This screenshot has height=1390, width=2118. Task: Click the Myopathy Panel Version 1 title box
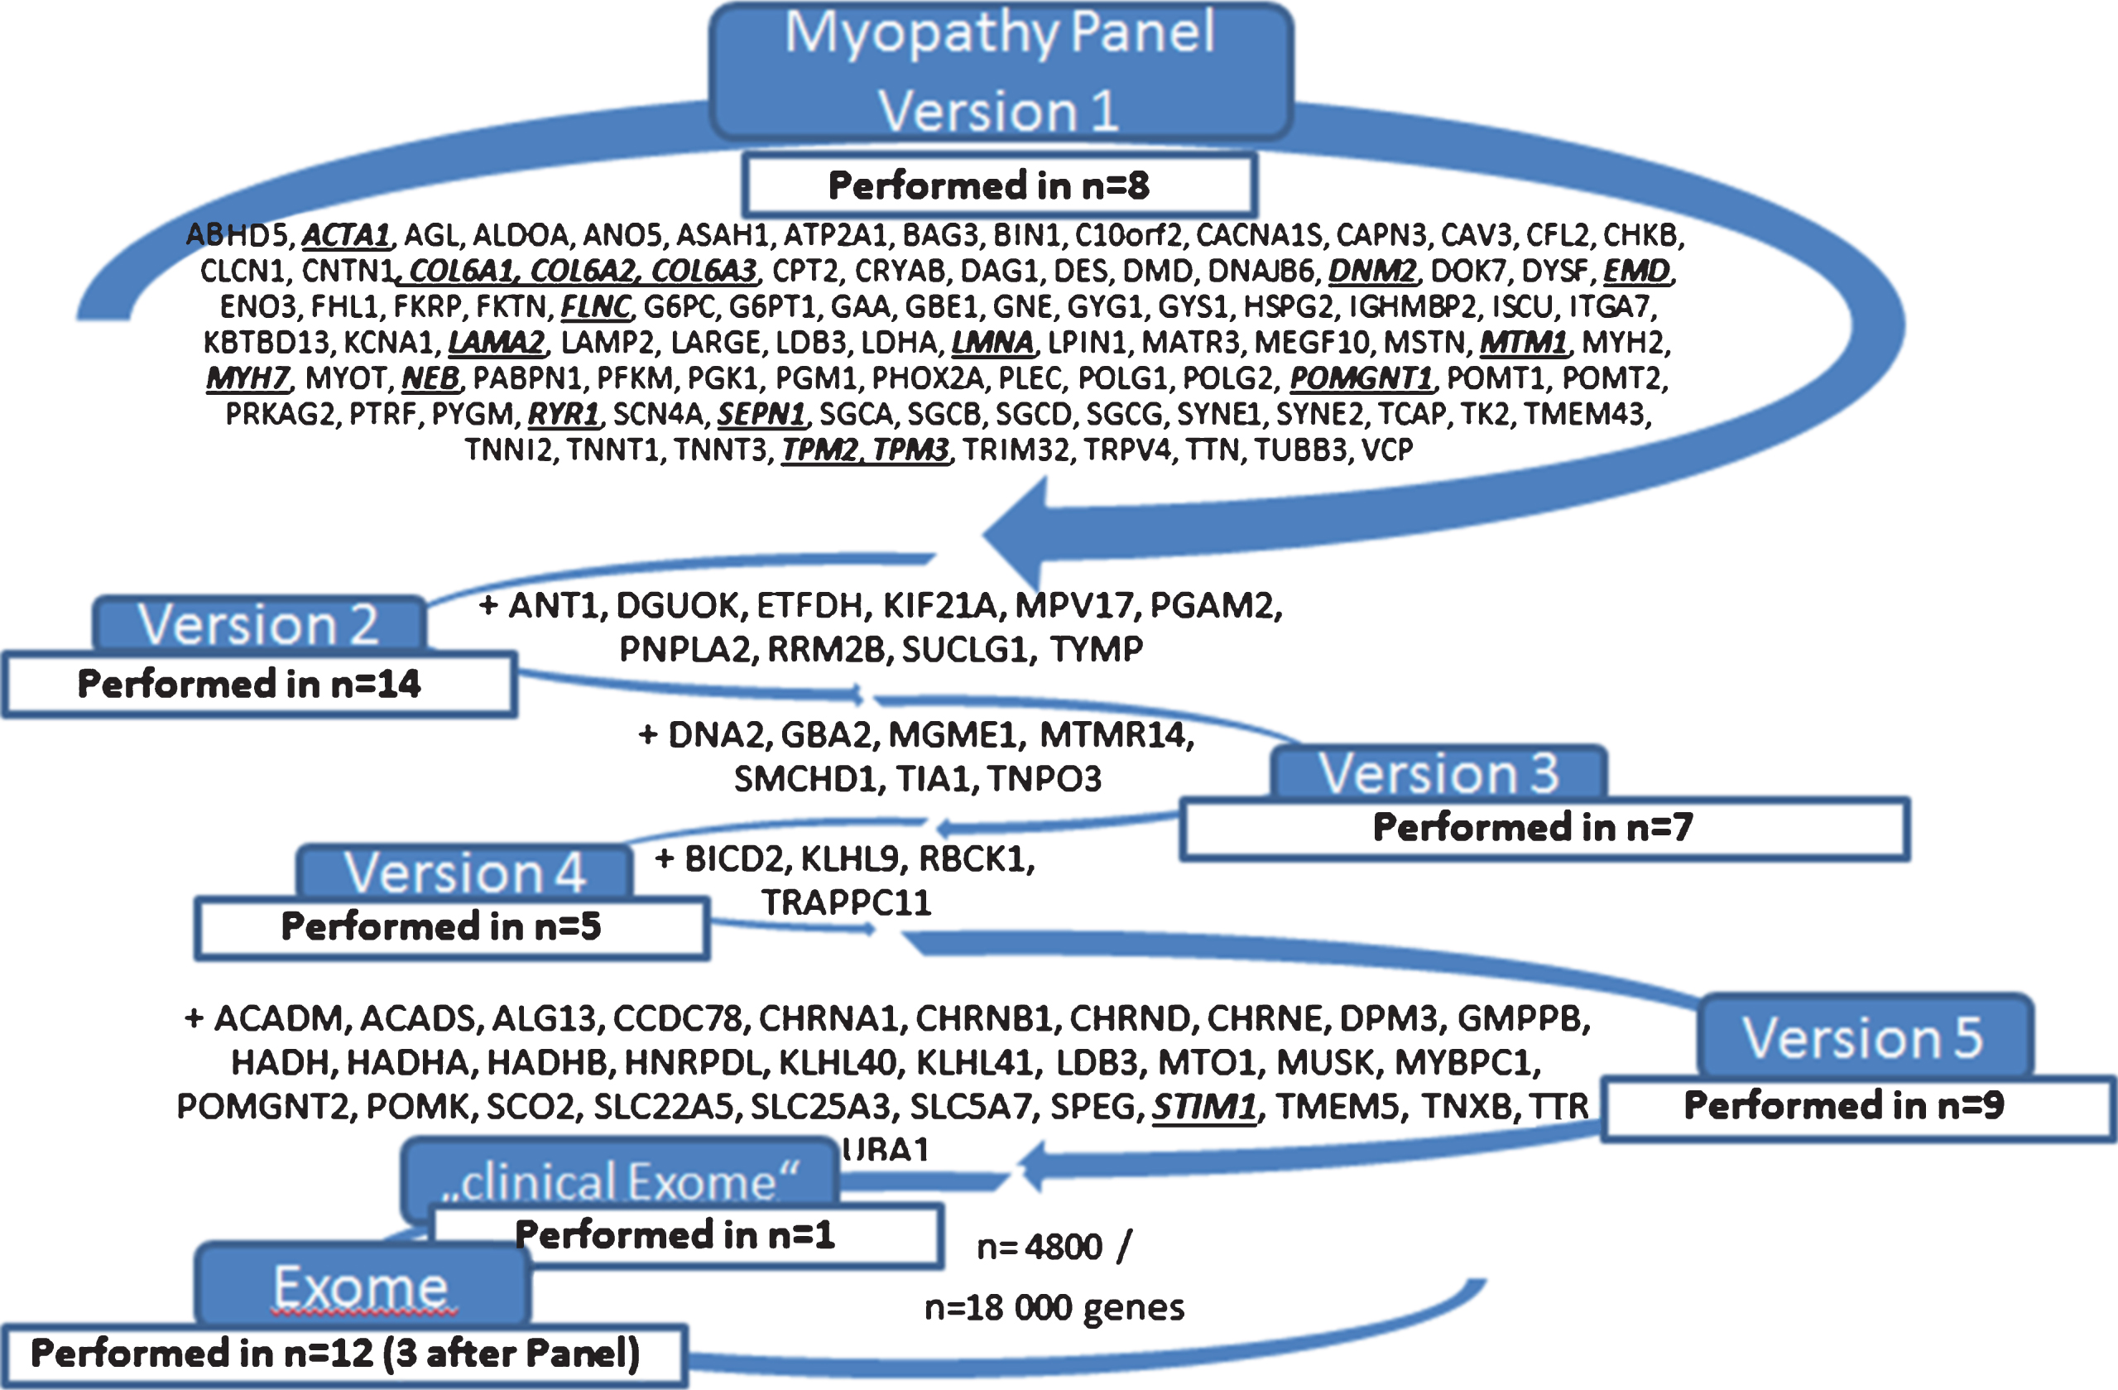(1001, 71)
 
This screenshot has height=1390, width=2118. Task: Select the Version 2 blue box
(259, 624)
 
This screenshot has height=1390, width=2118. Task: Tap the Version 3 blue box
(1439, 772)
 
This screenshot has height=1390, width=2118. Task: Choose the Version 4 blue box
(464, 871)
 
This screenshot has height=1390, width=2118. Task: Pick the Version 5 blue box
(1865, 1036)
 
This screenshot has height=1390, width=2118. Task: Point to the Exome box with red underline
(363, 1284)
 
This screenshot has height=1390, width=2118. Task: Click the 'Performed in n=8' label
(989, 185)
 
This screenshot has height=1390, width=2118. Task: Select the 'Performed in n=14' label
(249, 684)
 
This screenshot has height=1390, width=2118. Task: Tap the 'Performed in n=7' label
(1533, 827)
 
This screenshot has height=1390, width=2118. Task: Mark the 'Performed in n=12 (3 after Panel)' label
(335, 1353)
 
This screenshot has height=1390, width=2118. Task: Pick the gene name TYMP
(1097, 649)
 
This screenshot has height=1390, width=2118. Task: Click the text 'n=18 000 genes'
(1054, 1307)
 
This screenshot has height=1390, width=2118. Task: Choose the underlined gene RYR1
(564, 414)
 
